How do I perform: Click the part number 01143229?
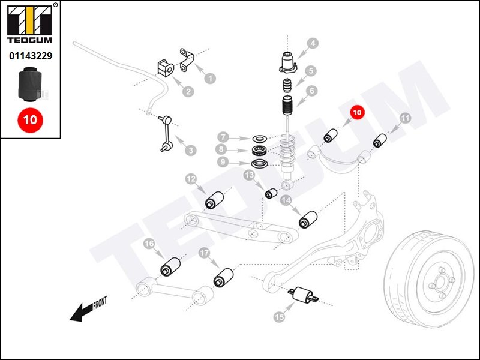(x=30, y=56)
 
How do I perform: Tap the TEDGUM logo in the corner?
(x=30, y=24)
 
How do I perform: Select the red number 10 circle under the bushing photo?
(x=30, y=119)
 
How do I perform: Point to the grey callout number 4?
(x=313, y=43)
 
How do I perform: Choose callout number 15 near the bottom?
(x=278, y=316)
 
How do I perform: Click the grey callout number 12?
(x=191, y=178)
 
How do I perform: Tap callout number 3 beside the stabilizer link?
(x=190, y=150)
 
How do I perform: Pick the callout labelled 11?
(x=405, y=119)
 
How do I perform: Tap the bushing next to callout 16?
(x=171, y=266)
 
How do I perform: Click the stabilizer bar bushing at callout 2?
(x=164, y=69)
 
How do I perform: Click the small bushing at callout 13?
(x=271, y=193)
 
